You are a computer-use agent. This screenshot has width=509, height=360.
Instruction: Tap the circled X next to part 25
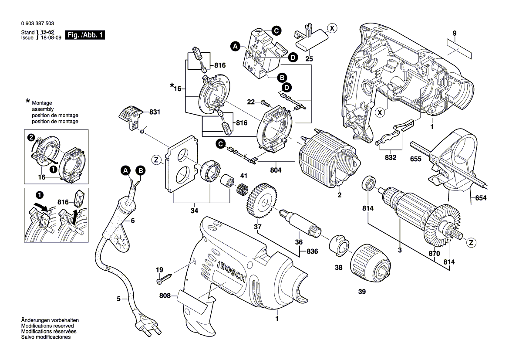coord(332,28)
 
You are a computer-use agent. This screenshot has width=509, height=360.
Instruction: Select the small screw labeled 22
coord(266,103)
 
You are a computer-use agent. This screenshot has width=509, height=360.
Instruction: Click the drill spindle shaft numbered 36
coord(301,222)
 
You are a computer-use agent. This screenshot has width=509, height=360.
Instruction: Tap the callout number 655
coord(416,159)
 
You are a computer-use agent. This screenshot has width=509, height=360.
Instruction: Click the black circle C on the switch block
coord(275,31)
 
